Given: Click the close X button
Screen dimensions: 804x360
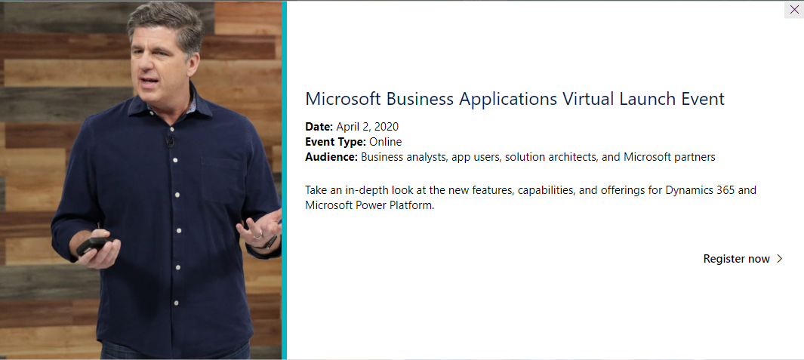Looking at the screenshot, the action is (x=794, y=10).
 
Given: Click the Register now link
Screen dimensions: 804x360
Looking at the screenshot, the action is (x=736, y=259).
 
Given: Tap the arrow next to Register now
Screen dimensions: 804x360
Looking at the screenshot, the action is (x=779, y=259).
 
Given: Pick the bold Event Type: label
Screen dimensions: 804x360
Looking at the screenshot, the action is (x=335, y=142).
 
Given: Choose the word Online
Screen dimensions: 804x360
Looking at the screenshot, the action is (x=386, y=142).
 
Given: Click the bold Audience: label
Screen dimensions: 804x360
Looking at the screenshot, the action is (x=331, y=158).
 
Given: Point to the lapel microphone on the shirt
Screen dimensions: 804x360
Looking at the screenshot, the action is (x=171, y=140).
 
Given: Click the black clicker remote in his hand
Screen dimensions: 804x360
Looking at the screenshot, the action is (x=93, y=245).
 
